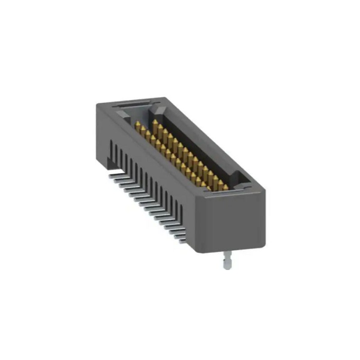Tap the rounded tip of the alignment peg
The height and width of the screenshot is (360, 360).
point(228,267)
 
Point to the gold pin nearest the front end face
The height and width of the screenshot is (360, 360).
point(221,184)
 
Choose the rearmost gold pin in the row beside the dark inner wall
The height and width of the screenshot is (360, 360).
point(155,123)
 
